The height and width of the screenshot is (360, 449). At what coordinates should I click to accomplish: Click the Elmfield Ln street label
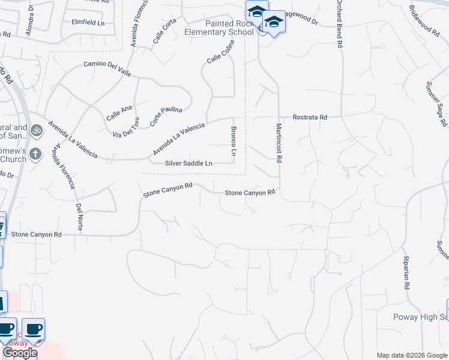[x=88, y=23]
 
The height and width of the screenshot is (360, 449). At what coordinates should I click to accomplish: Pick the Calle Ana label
[x=119, y=112]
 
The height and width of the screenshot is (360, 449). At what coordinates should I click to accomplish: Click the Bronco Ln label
[x=234, y=143]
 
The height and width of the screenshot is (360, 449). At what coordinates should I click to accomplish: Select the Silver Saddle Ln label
[x=188, y=163]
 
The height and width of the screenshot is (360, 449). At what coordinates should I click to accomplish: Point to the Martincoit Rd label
[x=279, y=143]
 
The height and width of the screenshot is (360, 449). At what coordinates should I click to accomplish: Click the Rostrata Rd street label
[x=310, y=118]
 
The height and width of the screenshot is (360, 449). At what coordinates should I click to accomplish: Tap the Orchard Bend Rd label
[x=339, y=24]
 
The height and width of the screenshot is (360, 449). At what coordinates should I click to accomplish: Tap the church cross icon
[x=35, y=154]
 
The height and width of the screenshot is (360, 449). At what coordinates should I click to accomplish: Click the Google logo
[x=19, y=353]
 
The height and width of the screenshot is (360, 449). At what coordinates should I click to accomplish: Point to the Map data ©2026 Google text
[x=411, y=355]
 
